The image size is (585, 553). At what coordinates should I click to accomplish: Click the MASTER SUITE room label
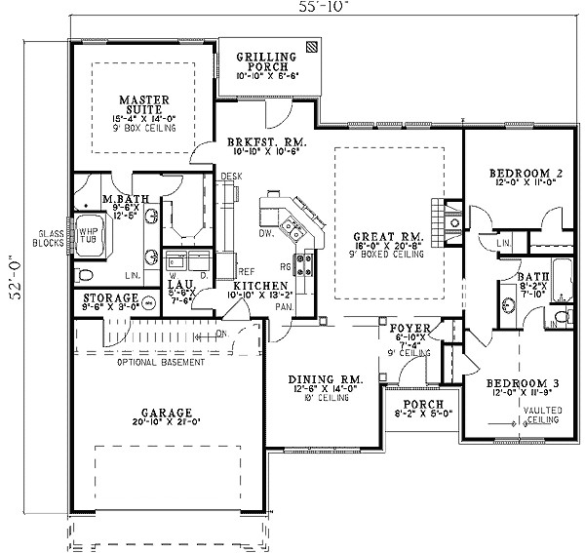tap(145, 99)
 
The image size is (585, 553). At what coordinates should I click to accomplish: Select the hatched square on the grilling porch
tap(310, 46)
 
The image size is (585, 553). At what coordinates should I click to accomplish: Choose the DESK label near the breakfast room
tap(231, 177)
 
